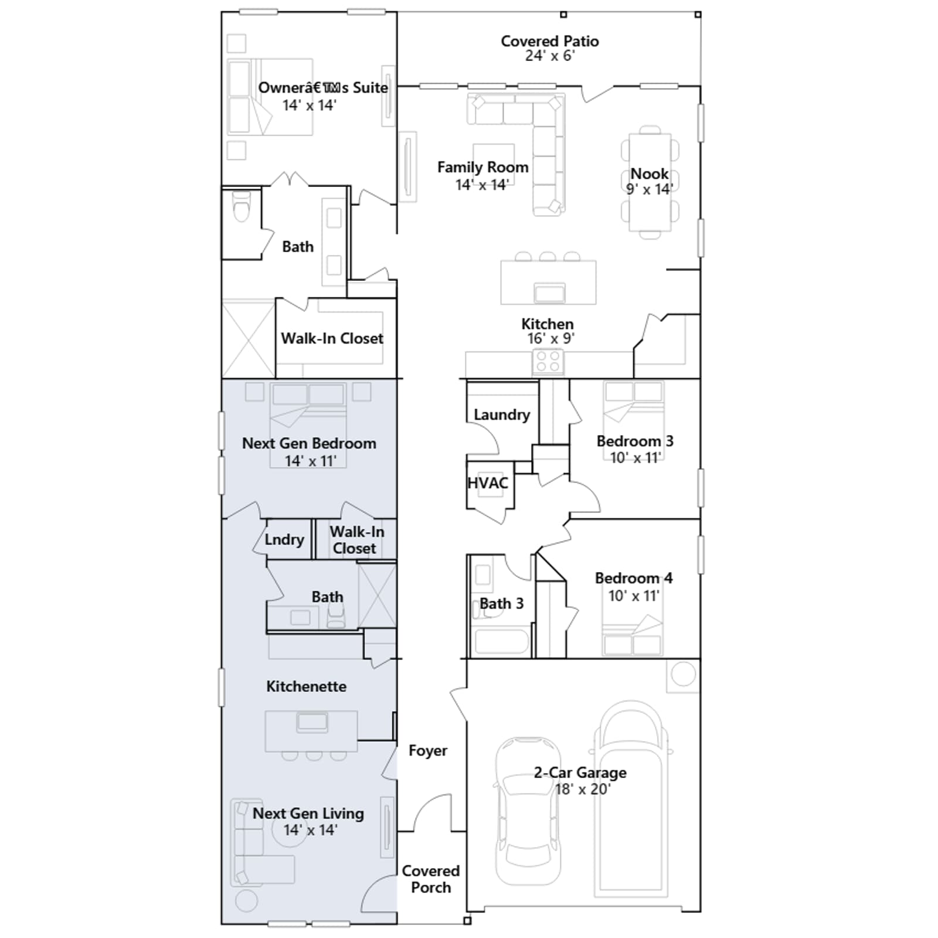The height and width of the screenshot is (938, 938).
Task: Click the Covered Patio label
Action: pos(549,41)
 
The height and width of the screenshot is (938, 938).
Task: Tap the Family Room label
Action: pos(482,167)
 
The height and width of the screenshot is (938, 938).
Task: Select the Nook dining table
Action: pos(650,182)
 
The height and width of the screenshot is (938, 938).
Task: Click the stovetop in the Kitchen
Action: pos(548,362)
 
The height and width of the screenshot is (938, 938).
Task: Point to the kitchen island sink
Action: pos(550,293)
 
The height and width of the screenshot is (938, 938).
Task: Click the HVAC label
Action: pos(488,483)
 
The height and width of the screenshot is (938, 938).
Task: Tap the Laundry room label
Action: pos(502,414)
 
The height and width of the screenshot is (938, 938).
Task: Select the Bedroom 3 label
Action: pos(635,441)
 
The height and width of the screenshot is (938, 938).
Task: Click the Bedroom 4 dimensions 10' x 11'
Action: pos(634,596)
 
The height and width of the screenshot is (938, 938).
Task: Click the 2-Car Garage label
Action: pos(580,773)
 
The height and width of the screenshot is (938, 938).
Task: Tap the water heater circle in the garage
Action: pos(683,674)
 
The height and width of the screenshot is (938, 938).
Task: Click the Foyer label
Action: pos(428,750)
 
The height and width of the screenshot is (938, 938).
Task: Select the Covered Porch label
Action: pos(431,879)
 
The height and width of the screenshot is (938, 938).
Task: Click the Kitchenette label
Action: pos(306,686)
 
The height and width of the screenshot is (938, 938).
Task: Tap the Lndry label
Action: pos(284,539)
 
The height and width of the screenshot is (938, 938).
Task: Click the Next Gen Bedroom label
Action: pos(309,443)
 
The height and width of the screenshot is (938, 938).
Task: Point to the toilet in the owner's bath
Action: pos(242,207)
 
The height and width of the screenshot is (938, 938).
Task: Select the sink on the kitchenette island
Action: pos(312,722)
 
